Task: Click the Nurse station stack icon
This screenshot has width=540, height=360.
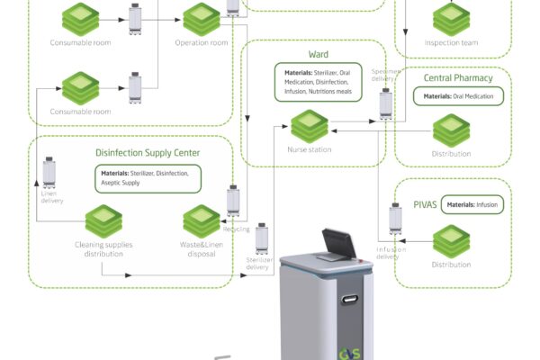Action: (x=309, y=125)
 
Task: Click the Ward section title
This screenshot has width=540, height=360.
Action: (x=318, y=54)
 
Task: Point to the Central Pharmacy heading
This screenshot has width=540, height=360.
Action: (x=456, y=78)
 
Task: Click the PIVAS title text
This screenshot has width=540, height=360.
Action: (x=425, y=205)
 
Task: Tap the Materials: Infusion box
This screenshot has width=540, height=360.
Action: (x=475, y=205)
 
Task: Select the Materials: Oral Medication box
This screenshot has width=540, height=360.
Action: (x=459, y=96)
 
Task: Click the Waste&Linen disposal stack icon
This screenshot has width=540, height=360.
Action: (x=202, y=221)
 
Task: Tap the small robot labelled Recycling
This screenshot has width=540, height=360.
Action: (x=234, y=199)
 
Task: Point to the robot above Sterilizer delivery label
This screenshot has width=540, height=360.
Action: (x=263, y=238)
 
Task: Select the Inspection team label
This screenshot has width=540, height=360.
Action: (x=451, y=42)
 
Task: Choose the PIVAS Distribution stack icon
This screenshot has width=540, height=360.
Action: (x=451, y=240)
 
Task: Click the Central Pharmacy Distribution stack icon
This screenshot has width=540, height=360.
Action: (x=451, y=130)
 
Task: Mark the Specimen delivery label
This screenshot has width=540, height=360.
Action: (x=385, y=74)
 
